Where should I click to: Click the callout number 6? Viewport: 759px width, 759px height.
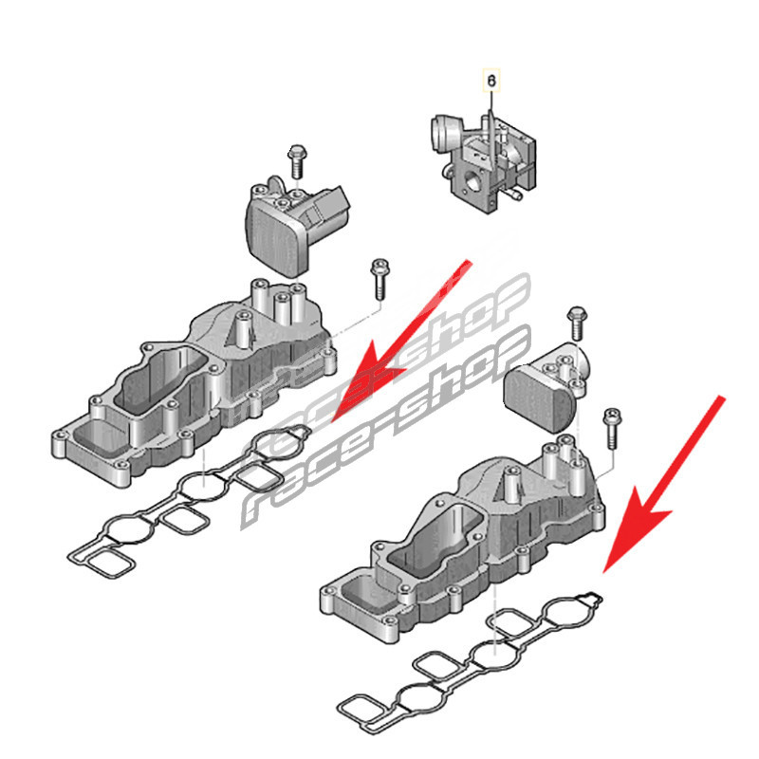click(x=491, y=81)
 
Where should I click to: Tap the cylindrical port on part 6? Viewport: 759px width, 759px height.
click(x=443, y=133)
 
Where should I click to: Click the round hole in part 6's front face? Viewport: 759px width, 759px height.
click(x=472, y=181)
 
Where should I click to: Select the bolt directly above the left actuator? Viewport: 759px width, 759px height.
click(x=296, y=160)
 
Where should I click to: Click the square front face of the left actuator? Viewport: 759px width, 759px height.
click(x=272, y=239)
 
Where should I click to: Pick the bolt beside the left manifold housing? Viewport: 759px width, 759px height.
click(x=379, y=279)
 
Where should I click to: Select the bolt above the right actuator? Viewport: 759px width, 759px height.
click(x=577, y=323)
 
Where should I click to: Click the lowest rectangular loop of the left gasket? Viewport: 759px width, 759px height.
click(x=109, y=563)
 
